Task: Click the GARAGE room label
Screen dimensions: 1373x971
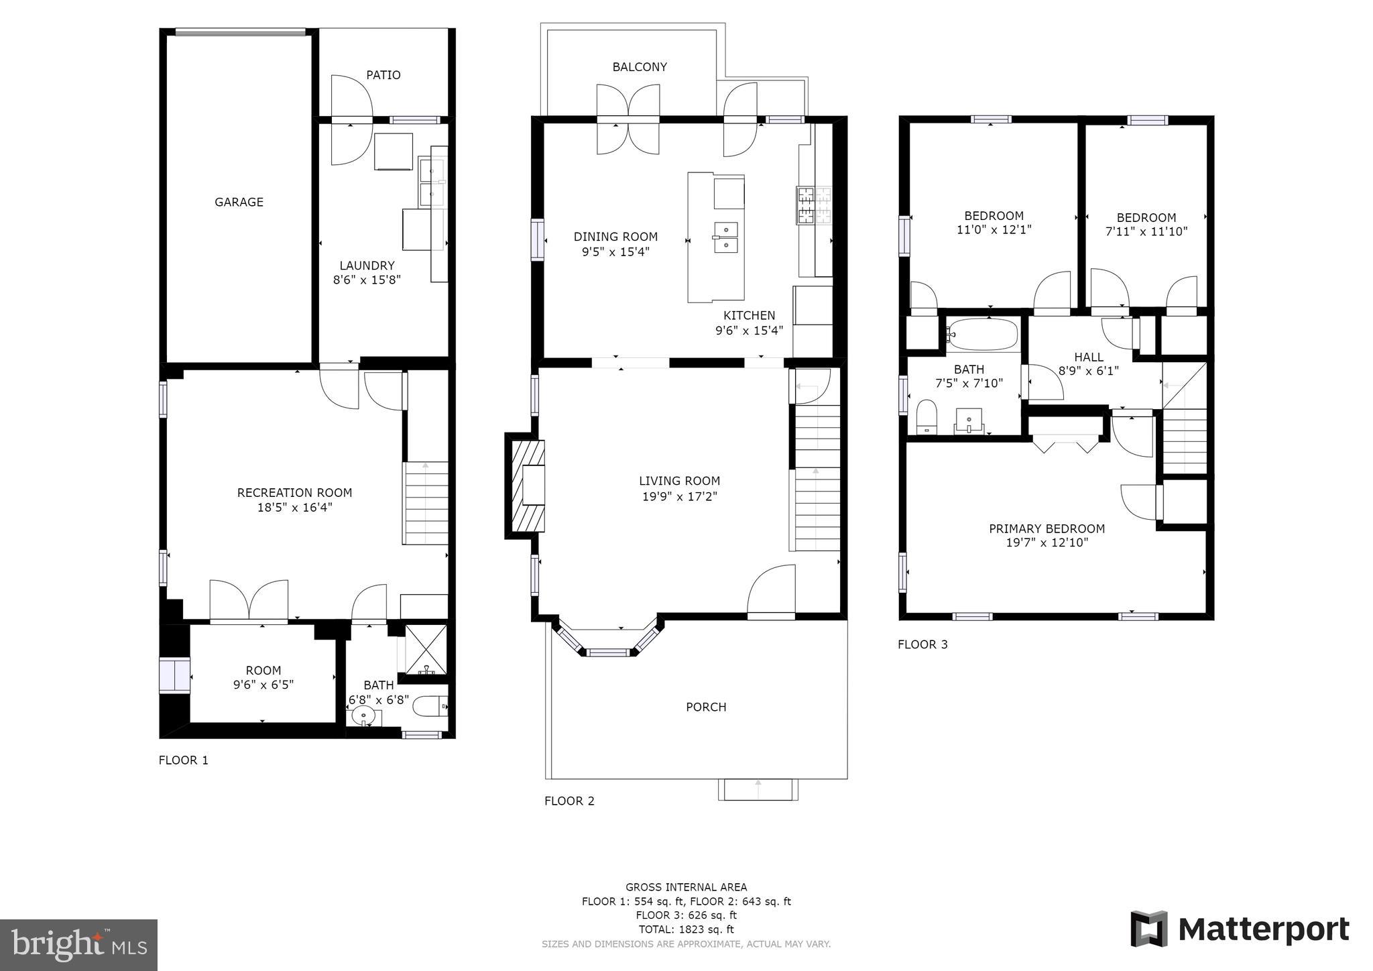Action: (x=239, y=202)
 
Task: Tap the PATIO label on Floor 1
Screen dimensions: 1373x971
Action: (x=383, y=75)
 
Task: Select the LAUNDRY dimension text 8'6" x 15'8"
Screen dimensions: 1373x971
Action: (x=367, y=280)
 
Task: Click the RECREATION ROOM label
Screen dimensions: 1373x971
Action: (x=294, y=493)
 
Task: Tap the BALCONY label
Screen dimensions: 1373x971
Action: (x=640, y=67)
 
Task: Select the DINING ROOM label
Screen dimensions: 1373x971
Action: (x=615, y=237)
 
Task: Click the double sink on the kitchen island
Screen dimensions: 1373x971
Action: (x=726, y=237)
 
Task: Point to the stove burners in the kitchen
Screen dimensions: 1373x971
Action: (x=814, y=205)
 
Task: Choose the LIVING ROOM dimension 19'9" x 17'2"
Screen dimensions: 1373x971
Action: (x=680, y=497)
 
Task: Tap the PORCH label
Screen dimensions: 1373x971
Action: (x=706, y=707)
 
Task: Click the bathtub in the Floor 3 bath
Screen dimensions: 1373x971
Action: (x=982, y=334)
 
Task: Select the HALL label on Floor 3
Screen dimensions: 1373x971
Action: (x=1089, y=357)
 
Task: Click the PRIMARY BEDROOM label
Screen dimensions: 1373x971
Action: (x=1047, y=529)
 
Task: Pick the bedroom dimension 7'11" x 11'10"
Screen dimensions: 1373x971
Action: (x=1146, y=232)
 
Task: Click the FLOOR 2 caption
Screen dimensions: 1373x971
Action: (x=569, y=801)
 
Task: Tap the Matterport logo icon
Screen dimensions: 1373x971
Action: (x=1149, y=929)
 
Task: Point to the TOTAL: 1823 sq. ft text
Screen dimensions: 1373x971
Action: (x=686, y=929)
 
